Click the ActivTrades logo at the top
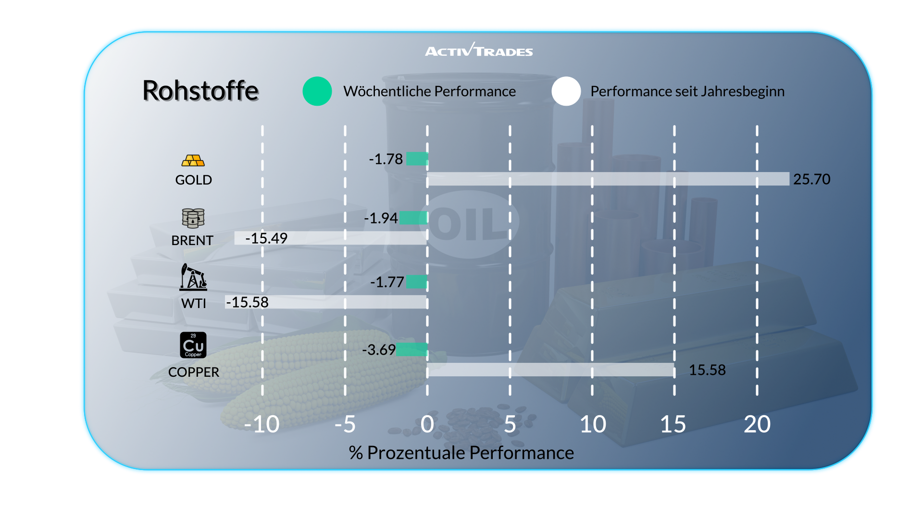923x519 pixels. (x=479, y=50)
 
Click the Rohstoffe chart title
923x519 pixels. (x=200, y=91)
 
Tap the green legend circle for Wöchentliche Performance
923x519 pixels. (x=317, y=91)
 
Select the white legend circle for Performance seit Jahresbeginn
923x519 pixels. (x=566, y=91)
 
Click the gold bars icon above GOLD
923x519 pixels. (x=193, y=161)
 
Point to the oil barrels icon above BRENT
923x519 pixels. (x=193, y=218)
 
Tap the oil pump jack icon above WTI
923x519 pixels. (x=193, y=277)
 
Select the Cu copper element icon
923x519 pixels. (x=193, y=345)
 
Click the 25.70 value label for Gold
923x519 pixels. (x=811, y=179)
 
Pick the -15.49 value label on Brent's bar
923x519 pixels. (x=266, y=238)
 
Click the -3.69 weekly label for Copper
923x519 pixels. (x=379, y=350)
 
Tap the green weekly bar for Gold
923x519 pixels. (x=417, y=159)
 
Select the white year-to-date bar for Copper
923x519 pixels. (x=550, y=370)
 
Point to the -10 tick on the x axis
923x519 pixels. (x=262, y=424)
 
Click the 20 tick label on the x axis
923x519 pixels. (x=757, y=424)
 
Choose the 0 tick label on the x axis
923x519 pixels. (x=427, y=424)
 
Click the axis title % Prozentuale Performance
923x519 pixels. (x=461, y=453)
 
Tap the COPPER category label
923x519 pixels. (x=193, y=372)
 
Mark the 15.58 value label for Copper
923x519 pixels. (x=707, y=370)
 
